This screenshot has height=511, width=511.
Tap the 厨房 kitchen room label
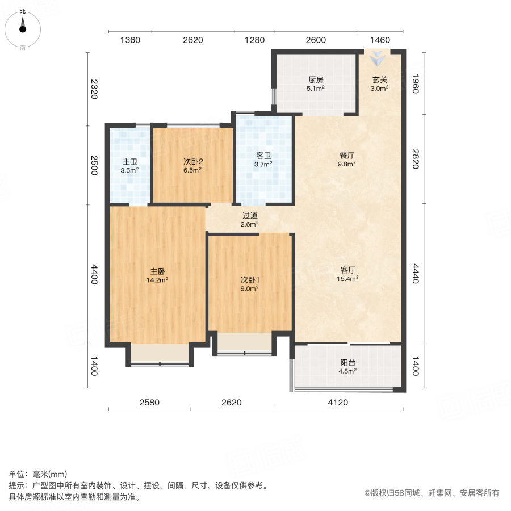coord(316,80)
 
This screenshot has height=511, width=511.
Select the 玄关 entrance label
coord(380,80)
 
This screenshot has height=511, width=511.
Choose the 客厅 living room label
coord(347,270)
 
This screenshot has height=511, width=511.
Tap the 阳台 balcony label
coord(348,362)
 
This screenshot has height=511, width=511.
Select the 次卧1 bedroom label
coord(250,279)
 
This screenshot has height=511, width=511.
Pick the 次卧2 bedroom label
coord(193,161)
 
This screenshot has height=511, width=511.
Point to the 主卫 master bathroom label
coord(129,161)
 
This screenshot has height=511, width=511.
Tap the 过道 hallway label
coord(250,215)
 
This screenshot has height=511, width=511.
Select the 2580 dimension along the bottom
coord(149,403)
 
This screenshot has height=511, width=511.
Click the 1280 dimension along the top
coord(254,40)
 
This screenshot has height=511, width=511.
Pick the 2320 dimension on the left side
coord(94,89)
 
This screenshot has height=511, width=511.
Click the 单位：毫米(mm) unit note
coord(37,475)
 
